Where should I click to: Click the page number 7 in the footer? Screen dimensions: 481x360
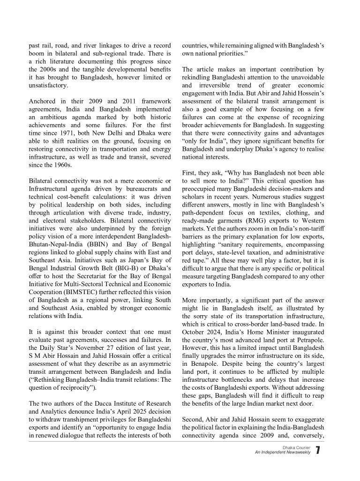coord(318,451)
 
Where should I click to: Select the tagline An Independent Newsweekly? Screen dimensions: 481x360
coord(283,453)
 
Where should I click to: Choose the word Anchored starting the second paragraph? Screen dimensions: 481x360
coord(43,101)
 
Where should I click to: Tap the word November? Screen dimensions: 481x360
coord(103,345)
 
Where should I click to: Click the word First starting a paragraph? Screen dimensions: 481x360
coord(189,173)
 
